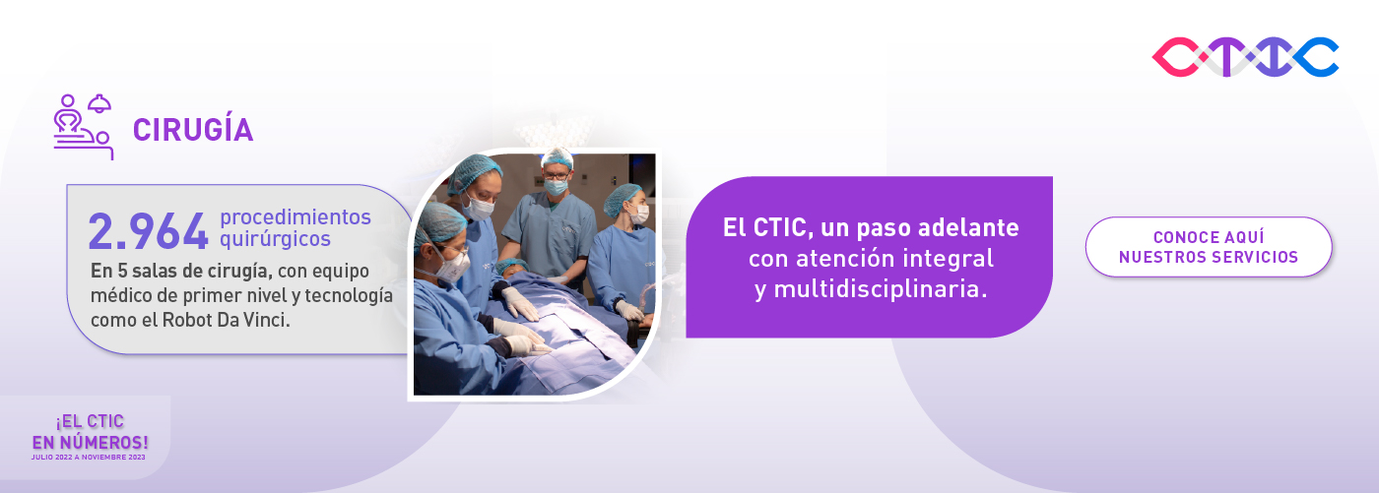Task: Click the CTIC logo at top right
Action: point(1245,57)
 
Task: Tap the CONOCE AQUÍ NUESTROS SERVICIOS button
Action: point(1209,247)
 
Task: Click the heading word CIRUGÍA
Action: point(193,130)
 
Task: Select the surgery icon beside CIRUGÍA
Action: point(83,127)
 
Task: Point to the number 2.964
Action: point(148,231)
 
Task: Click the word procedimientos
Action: point(295,216)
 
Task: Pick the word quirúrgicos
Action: point(275,239)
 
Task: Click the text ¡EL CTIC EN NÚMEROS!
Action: point(91,433)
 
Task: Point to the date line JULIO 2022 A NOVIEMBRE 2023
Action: point(90,457)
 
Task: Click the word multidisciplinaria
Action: point(870,290)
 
